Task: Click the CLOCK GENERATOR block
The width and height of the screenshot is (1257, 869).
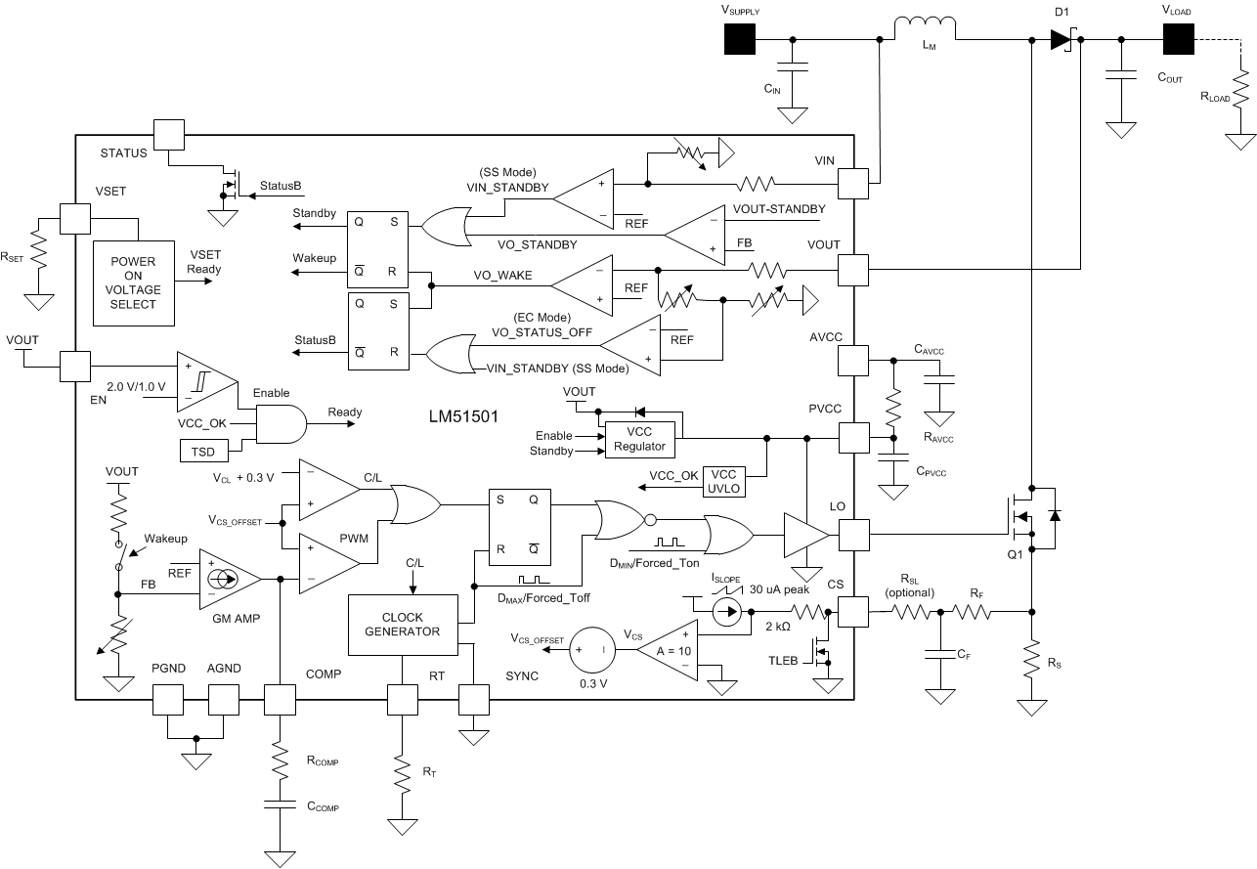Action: (403, 625)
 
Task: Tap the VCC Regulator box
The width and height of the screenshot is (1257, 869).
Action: (641, 439)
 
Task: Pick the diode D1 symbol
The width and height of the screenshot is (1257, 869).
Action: (1062, 39)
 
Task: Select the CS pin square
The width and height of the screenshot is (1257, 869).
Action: (854, 613)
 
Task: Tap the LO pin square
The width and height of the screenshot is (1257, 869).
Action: (854, 535)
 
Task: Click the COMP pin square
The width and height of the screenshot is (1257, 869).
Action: (280, 699)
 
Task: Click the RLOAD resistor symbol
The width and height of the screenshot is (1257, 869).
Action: (1241, 97)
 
